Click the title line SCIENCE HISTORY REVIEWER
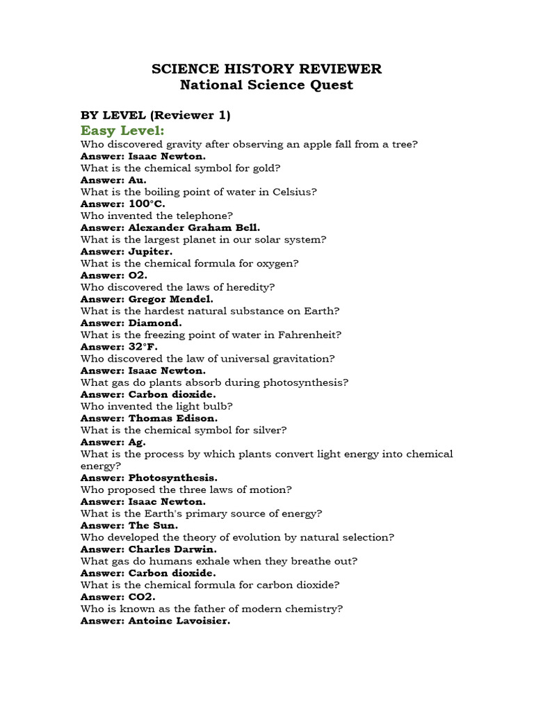[x=267, y=69]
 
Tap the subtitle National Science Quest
[x=267, y=85]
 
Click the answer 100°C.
[x=147, y=204]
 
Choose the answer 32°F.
[x=143, y=346]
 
